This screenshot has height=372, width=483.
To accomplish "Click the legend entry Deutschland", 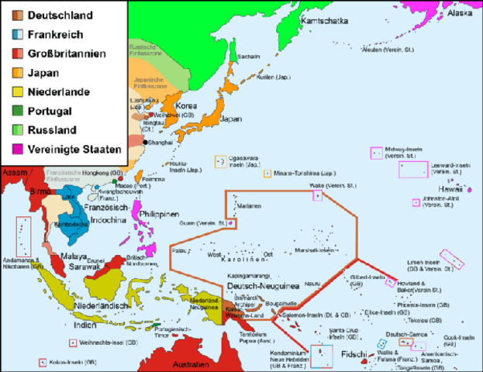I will [x=60, y=15].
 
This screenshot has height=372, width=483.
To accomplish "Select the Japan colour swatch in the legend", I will [x=16, y=72].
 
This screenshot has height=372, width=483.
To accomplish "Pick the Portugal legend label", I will [x=50, y=110].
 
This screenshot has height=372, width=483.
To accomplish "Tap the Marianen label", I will [x=248, y=205].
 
